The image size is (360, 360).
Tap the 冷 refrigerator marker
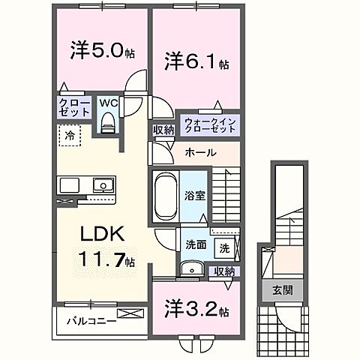pyautogui.click(x=69, y=137)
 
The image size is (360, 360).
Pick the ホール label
pyautogui.click(x=200, y=153)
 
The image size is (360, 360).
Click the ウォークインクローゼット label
pyautogui.click(x=211, y=123)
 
